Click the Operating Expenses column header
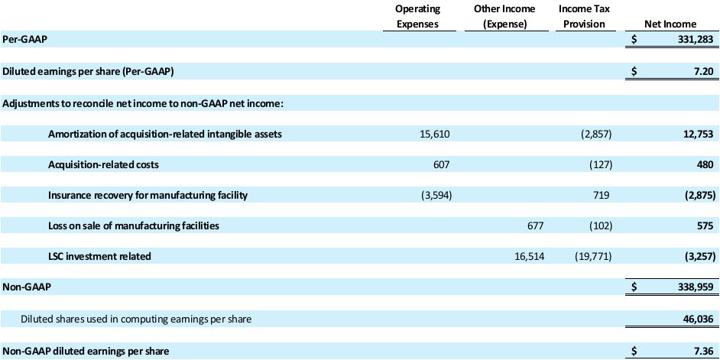(417, 16)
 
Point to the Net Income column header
(670, 24)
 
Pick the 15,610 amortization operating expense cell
(436, 134)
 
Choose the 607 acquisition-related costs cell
(441, 164)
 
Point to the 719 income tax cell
(601, 195)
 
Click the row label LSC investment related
(99, 256)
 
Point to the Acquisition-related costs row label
(103, 164)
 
